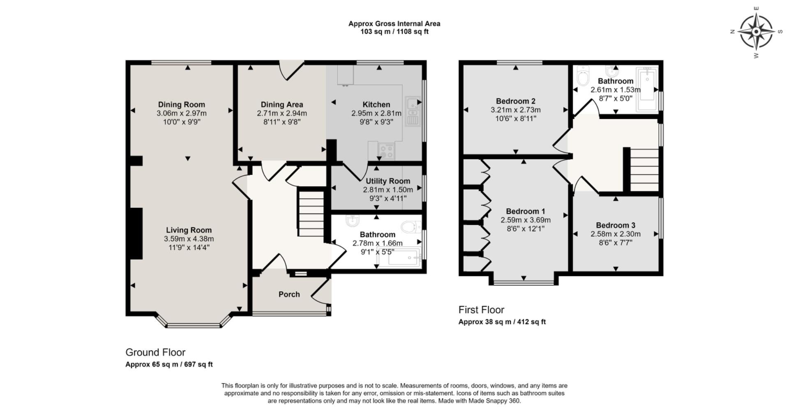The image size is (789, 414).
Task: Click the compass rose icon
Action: coord(756,32)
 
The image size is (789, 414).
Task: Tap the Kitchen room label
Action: coord(376,104)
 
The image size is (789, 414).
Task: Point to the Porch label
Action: coord(289,294)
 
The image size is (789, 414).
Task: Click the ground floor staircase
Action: coord(311,213)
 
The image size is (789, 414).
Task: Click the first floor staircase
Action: coord(644,169)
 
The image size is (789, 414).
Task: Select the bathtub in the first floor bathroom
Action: coord(647,90)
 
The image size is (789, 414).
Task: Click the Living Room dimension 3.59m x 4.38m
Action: coord(189,239)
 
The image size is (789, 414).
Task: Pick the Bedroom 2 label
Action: coord(515,101)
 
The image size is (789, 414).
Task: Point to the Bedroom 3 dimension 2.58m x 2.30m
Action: coord(615,234)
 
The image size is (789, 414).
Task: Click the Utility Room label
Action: coord(388,181)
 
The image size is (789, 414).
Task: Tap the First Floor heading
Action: coord(481,310)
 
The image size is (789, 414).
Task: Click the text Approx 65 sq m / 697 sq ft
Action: coord(169,364)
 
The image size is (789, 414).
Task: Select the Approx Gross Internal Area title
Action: coord(394,24)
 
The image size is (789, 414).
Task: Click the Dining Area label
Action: coord(281,104)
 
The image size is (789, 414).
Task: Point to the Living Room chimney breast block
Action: coord(136,233)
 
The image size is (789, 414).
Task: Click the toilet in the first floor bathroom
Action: coord(583,76)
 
